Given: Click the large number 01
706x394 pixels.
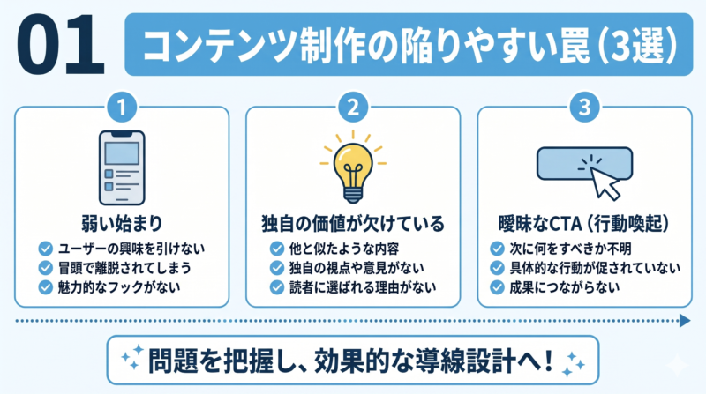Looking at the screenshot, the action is (60, 45).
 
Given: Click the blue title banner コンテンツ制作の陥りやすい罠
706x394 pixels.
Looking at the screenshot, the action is (409, 45).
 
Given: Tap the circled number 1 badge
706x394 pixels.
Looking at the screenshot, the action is (122, 108).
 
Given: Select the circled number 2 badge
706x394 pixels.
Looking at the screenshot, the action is (353, 108).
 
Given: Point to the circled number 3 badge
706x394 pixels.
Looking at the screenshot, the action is (584, 108).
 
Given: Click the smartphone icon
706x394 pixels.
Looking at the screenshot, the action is (122, 167).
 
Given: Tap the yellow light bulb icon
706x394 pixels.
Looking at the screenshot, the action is (353, 167).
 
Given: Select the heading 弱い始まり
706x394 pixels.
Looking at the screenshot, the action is (122, 224).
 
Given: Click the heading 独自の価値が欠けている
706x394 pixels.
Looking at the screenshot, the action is (353, 224).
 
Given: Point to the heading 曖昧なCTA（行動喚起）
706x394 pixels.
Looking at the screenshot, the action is (584, 224).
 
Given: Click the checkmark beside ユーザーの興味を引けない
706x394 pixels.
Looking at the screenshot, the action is (46, 249).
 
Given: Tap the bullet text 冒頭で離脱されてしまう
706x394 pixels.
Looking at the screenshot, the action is (124, 268).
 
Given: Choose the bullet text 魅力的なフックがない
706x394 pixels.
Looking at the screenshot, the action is (119, 287).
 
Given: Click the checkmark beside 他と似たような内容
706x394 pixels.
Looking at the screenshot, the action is (277, 249).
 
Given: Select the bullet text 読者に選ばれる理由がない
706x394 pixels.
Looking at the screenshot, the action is (363, 287).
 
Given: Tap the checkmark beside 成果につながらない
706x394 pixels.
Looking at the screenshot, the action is (497, 287).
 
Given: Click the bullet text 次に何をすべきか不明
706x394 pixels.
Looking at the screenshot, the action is (570, 249).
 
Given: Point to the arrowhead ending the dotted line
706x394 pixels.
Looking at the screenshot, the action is (685, 321).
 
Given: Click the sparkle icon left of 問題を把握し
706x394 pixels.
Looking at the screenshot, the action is (132, 357).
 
